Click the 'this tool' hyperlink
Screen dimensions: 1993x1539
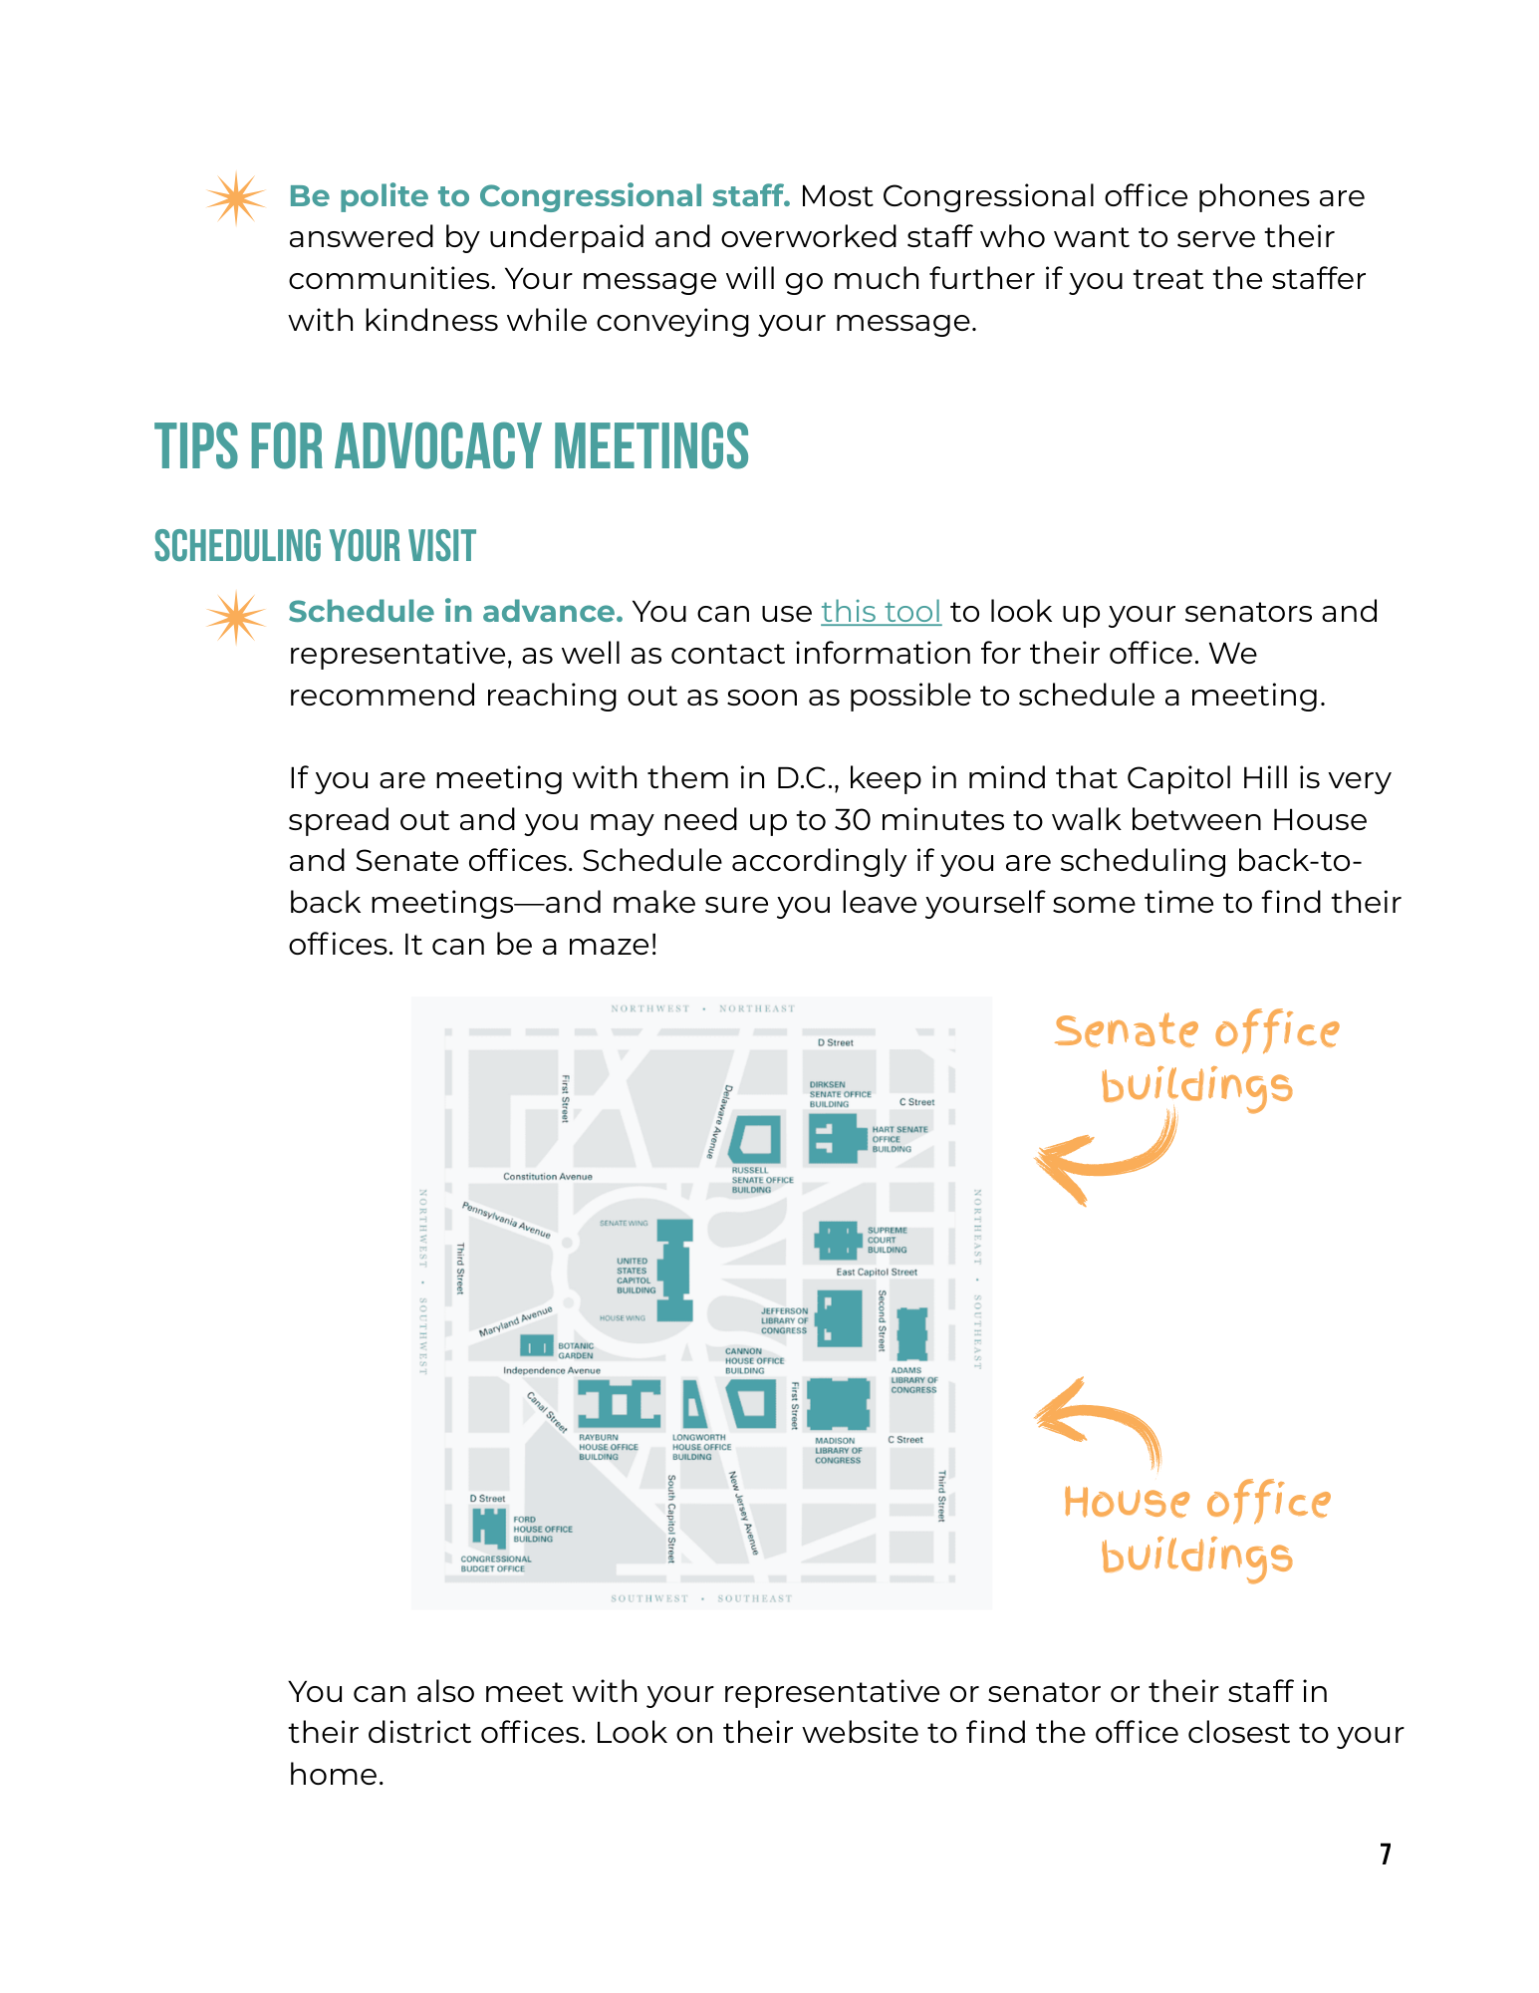(x=881, y=612)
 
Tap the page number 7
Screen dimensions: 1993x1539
(x=1385, y=1853)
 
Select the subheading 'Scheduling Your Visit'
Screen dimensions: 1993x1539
(x=315, y=546)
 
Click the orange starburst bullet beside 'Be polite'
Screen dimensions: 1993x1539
(x=236, y=198)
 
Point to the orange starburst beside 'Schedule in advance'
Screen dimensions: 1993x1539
(x=236, y=617)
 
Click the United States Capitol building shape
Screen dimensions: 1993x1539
(x=675, y=1270)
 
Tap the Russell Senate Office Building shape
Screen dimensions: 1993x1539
(x=755, y=1140)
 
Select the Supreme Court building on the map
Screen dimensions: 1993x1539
(x=837, y=1241)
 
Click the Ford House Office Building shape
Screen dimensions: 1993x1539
(x=488, y=1527)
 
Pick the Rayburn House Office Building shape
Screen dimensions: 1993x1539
(x=620, y=1404)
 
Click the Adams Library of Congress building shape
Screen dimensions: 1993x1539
(x=911, y=1333)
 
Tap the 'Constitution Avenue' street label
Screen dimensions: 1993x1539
(x=547, y=1177)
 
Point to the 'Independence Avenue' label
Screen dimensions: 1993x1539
(x=551, y=1371)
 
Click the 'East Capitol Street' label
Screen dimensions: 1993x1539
(x=876, y=1273)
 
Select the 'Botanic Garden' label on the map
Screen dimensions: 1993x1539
(x=575, y=1350)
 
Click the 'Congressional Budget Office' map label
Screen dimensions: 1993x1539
(x=495, y=1564)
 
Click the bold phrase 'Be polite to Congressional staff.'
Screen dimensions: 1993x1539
(x=539, y=196)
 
